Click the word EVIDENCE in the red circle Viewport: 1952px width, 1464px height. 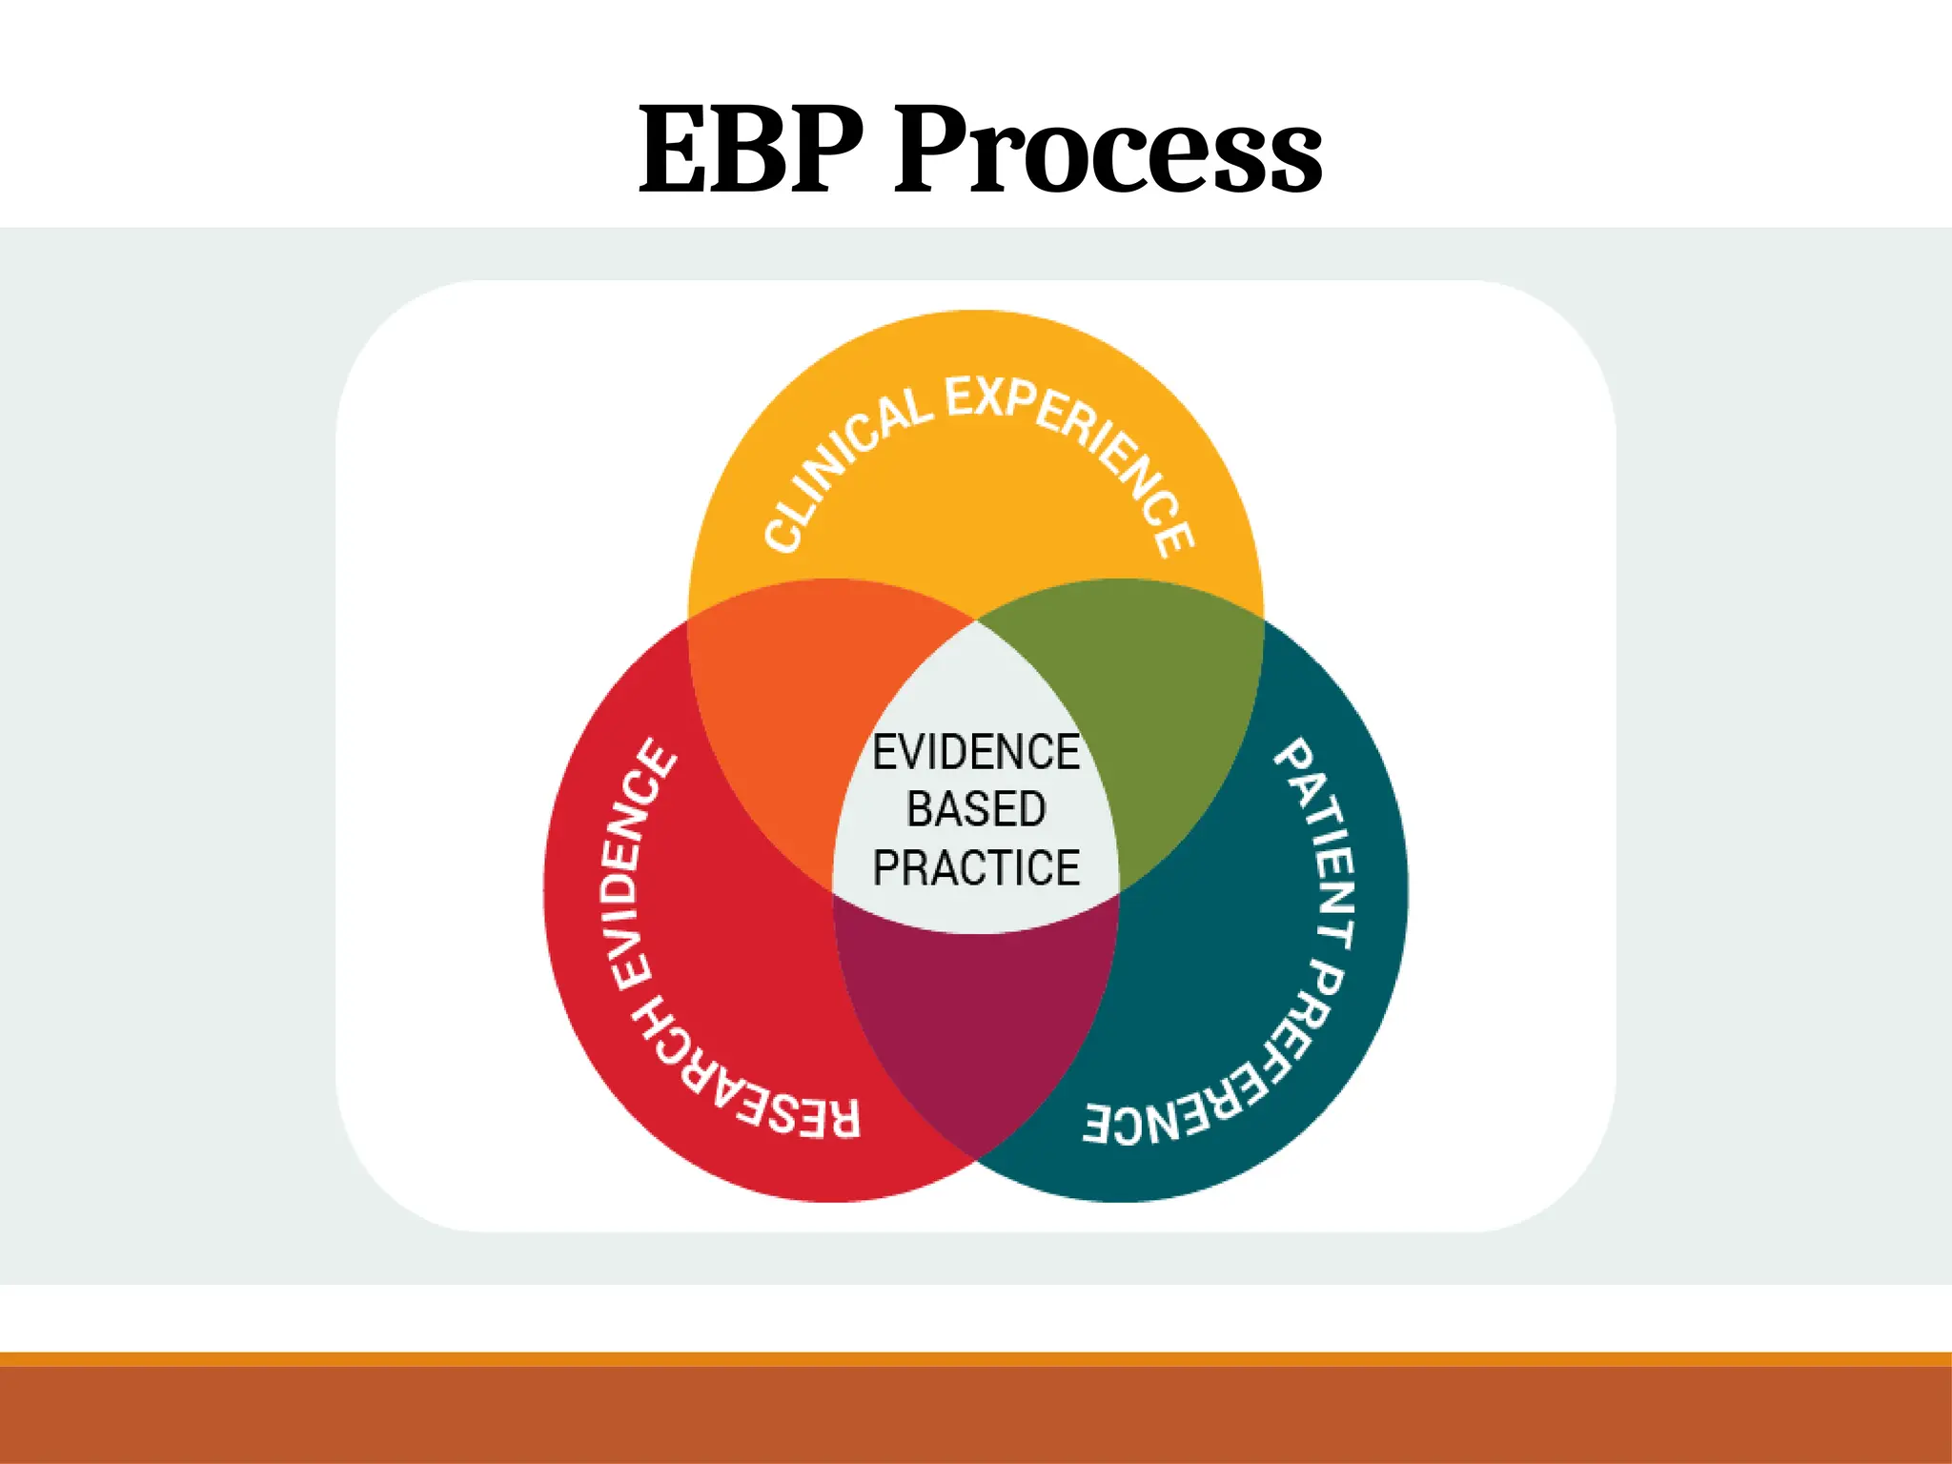point(636,867)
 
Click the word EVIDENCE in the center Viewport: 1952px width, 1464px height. point(976,752)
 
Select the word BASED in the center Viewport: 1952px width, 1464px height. point(976,809)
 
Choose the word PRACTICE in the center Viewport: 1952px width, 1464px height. point(976,867)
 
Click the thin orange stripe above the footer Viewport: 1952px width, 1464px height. point(976,1359)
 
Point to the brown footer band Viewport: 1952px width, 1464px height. point(976,1415)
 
